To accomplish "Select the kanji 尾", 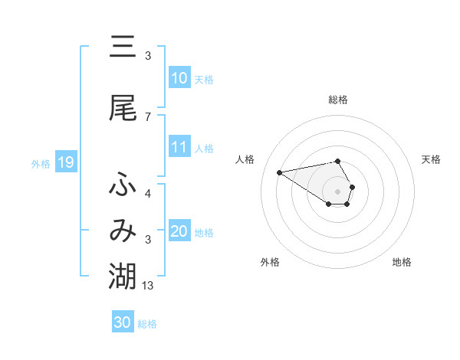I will click(123, 109).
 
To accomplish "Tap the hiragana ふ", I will click(123, 184).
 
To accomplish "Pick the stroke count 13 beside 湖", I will click(149, 286).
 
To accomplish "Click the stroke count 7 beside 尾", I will click(148, 117).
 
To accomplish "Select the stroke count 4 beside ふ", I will click(148, 194).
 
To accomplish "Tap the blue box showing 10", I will click(179, 78).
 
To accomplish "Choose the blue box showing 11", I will click(179, 148).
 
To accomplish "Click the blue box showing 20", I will click(179, 232).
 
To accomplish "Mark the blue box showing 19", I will click(65, 162).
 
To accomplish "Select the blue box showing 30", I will click(123, 322).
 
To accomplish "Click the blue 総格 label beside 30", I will click(147, 324).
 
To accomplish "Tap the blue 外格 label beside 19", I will click(41, 163).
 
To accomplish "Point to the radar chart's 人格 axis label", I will click(245, 159).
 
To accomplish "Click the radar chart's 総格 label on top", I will click(338, 100).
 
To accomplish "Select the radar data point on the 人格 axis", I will click(279, 172).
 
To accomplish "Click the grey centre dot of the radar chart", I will click(338, 191).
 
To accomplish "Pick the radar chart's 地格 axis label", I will click(402, 262).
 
